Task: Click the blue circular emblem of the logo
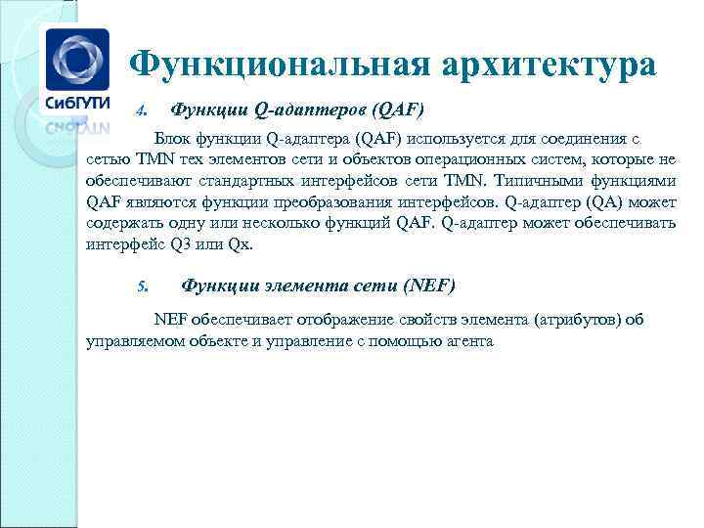pyautogui.click(x=78, y=57)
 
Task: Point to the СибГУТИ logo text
pyautogui.click(x=79, y=103)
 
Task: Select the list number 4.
pyautogui.click(x=140, y=109)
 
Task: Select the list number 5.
pyautogui.click(x=140, y=286)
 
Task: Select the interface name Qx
pyautogui.click(x=240, y=244)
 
